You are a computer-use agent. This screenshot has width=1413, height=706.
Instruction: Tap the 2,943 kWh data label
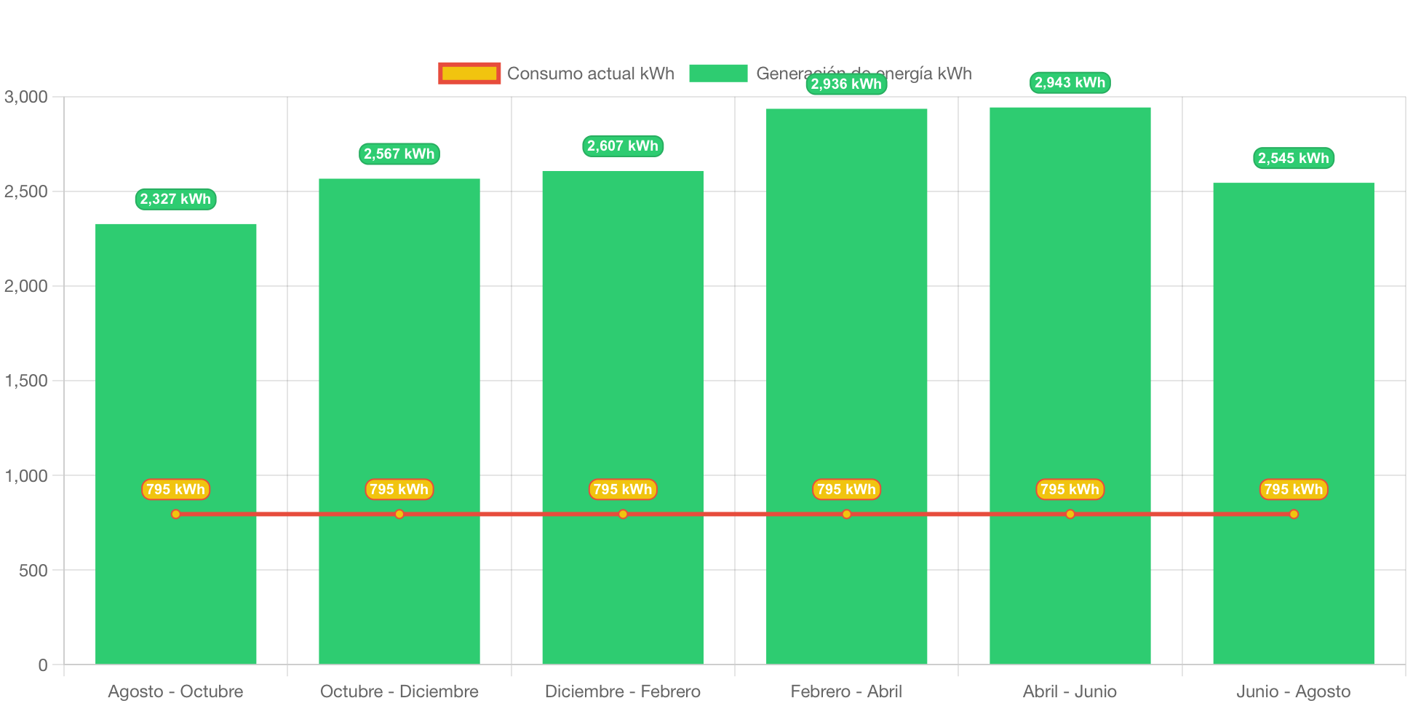coord(1070,83)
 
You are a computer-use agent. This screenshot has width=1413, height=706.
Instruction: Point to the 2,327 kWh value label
coord(175,199)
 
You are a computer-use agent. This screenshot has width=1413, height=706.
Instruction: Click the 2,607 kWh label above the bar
coord(623,146)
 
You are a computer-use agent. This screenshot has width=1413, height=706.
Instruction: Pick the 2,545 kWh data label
coord(1293,159)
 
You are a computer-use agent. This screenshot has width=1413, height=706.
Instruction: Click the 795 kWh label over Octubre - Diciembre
coord(399,489)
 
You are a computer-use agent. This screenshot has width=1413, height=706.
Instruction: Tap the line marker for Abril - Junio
coord(1070,515)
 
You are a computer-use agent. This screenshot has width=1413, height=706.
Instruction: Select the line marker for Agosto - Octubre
coord(175,515)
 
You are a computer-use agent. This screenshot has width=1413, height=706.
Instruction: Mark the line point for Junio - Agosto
coord(1293,515)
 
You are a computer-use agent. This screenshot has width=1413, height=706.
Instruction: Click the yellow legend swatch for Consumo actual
coord(469,74)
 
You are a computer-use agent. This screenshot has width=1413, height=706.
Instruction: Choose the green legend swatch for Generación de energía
coord(718,74)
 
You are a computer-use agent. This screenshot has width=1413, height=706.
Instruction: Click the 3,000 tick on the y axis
coord(26,97)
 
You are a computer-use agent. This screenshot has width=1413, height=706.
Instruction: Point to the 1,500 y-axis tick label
coord(26,381)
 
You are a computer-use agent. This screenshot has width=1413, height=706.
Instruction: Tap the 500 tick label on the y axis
coord(33,571)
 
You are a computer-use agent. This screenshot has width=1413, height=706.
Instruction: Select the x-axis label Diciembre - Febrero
coord(623,691)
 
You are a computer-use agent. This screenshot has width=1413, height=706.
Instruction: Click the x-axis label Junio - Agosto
coord(1293,691)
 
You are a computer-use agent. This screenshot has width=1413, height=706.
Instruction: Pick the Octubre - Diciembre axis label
coord(399,691)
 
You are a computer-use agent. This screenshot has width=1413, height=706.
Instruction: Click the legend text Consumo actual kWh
coord(590,74)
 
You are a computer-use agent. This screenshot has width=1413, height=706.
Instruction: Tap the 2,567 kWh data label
coord(399,154)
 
